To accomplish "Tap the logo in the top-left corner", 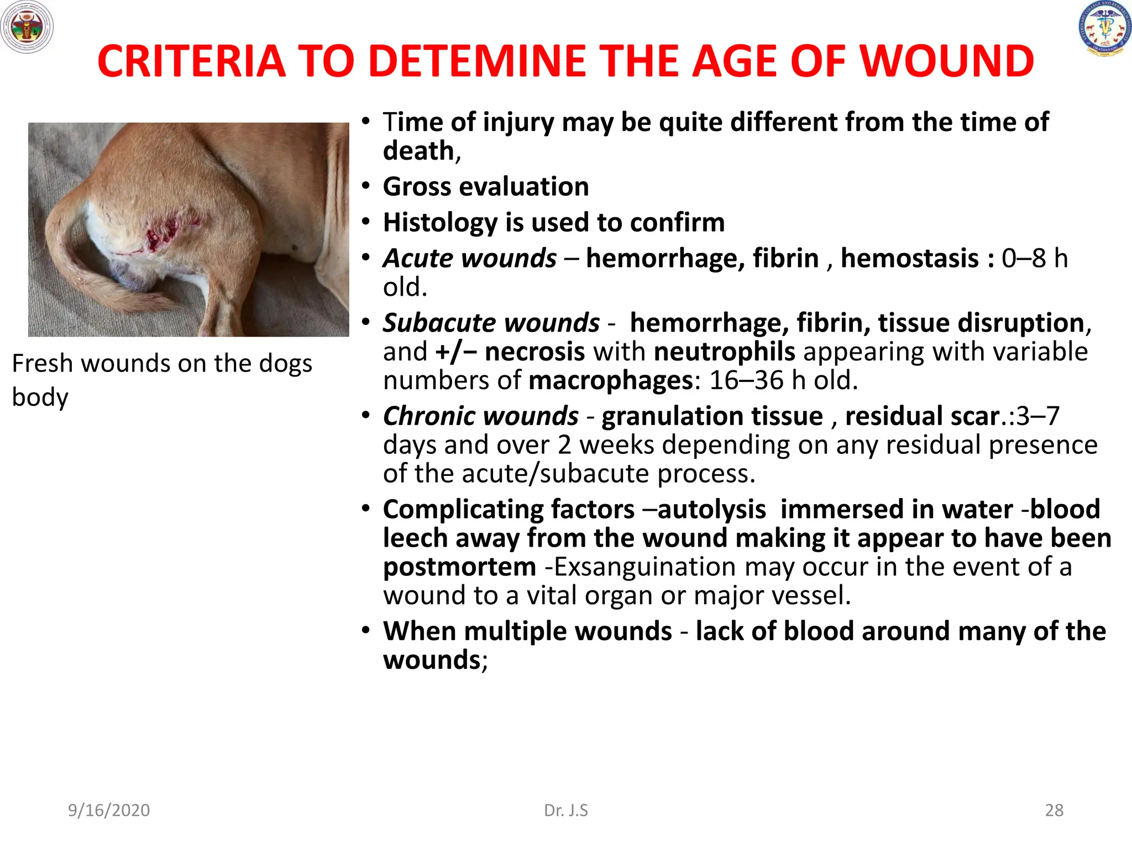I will click(27, 27).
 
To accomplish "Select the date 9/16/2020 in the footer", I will click(109, 810).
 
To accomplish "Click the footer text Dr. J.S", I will click(566, 810).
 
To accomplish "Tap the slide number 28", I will click(1054, 810).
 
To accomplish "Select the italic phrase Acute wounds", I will click(470, 258).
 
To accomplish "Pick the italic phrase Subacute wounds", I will click(491, 323).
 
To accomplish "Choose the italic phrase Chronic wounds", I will click(481, 416).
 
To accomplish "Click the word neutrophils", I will click(724, 352).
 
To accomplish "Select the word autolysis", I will click(712, 509).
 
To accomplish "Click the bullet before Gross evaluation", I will click(365, 186).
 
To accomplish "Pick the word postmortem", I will click(459, 567).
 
